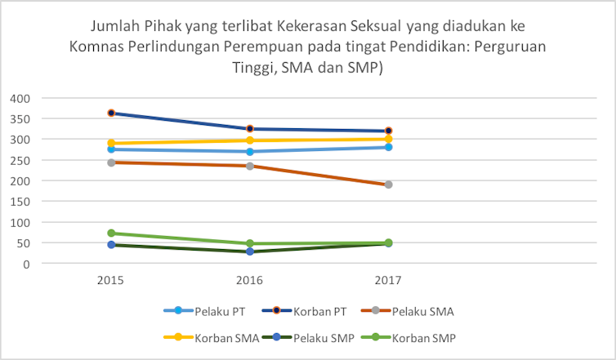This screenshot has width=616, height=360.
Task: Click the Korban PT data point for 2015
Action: pos(110,113)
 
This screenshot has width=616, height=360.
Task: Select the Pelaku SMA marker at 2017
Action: pos(388,184)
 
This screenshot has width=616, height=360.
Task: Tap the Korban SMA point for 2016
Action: pos(249,140)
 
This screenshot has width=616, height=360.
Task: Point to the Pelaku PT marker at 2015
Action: pos(110,149)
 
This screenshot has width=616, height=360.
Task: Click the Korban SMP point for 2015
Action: pos(110,233)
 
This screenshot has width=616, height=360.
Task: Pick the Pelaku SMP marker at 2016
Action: pos(249,251)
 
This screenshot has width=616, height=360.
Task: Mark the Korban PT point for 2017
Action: pos(388,131)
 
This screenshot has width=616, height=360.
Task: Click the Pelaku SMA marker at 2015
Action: pos(110,162)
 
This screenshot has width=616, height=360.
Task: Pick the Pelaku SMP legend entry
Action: pos(315,338)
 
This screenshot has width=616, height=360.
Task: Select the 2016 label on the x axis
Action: pos(249,281)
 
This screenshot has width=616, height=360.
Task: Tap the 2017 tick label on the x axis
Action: pos(388,281)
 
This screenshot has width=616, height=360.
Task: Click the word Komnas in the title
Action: pos(96,46)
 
